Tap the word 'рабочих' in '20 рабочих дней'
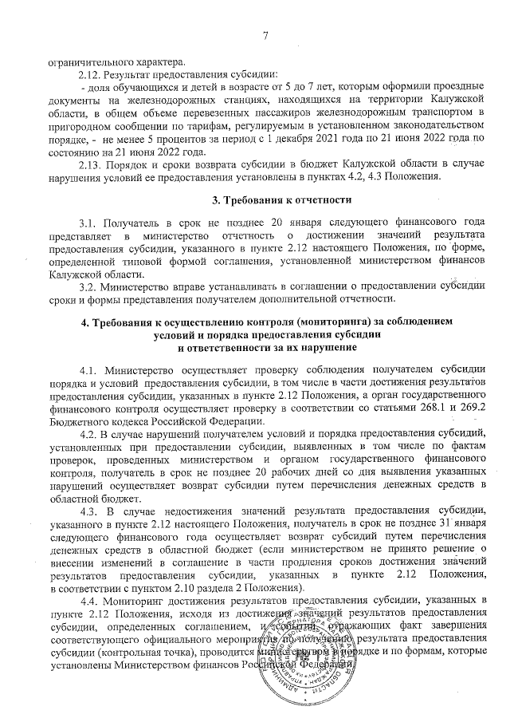point(285,471)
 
